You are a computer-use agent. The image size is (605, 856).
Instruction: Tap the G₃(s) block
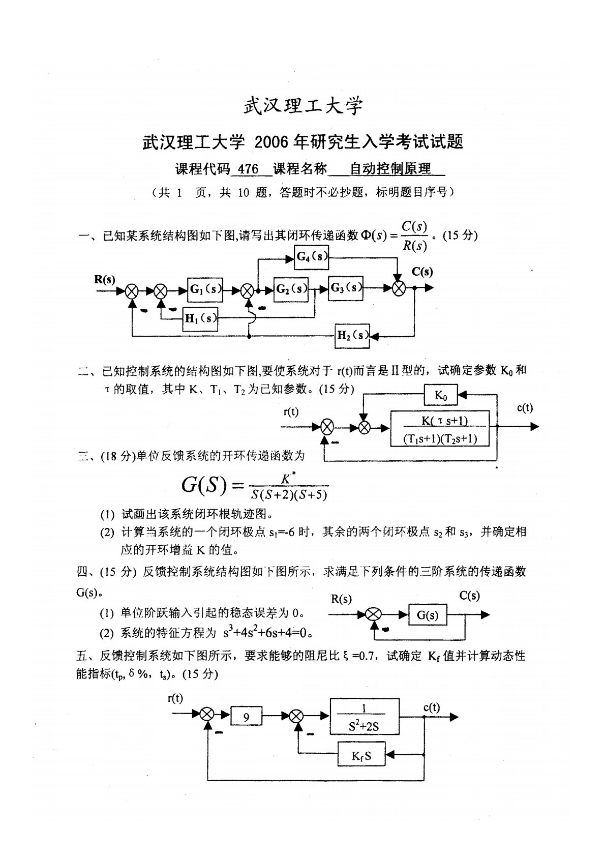(x=346, y=288)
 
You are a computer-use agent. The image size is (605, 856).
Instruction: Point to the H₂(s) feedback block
(x=352, y=335)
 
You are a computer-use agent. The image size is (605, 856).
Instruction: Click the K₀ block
(x=440, y=395)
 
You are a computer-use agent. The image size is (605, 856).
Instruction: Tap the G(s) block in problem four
(x=428, y=615)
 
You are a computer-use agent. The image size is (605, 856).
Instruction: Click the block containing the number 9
(x=247, y=718)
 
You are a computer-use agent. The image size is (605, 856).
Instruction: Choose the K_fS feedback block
(x=361, y=755)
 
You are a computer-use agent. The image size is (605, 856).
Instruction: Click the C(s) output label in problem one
(x=422, y=272)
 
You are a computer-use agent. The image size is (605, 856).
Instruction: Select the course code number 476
(x=248, y=169)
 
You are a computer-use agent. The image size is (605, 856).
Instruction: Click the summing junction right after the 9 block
(x=295, y=717)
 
